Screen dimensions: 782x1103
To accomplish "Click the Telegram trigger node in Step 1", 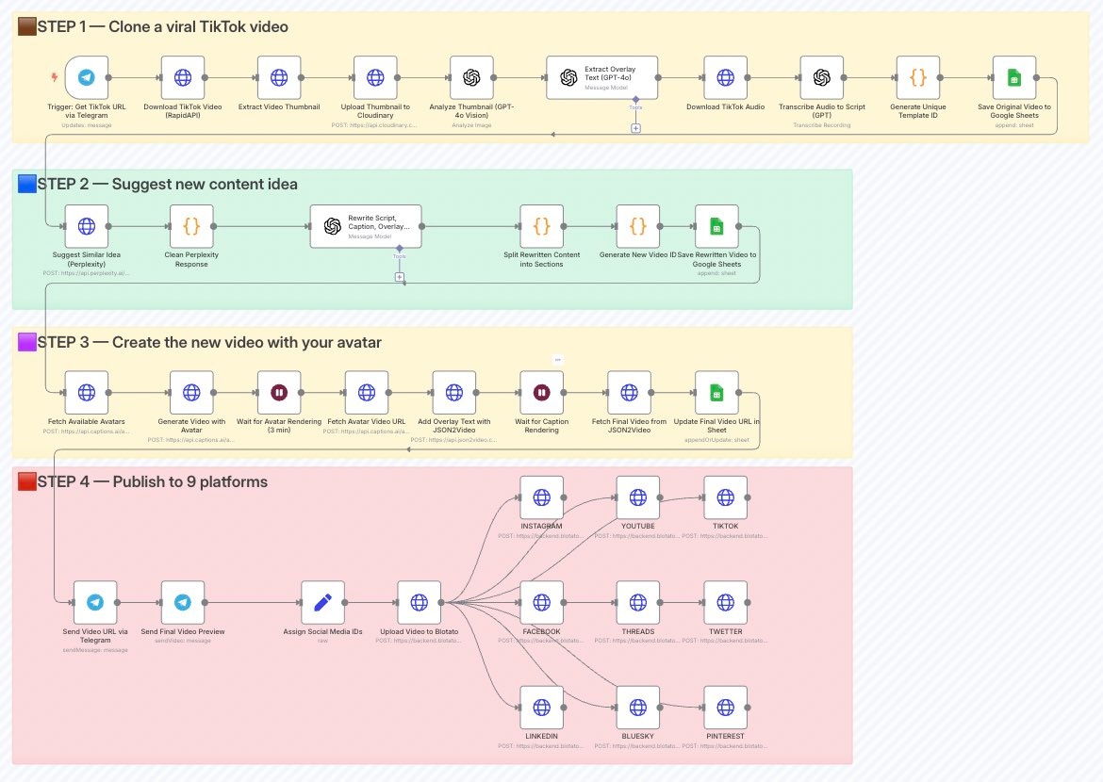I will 87,78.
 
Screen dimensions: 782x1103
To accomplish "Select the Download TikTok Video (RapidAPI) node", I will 183,78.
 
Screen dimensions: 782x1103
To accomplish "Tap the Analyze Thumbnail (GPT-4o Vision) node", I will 471,78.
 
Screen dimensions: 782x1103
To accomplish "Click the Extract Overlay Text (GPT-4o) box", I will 601,78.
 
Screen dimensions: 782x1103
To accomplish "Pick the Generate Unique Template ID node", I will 918,78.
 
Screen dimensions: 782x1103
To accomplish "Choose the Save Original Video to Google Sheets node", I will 1014,78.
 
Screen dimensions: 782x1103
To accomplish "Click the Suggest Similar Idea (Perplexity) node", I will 87,227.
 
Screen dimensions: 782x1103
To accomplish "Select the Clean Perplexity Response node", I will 192,227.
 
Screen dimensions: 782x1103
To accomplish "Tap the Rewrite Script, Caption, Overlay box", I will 366,227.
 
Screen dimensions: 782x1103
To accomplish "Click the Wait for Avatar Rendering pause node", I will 279,393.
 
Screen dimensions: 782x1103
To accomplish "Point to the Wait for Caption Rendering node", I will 541,393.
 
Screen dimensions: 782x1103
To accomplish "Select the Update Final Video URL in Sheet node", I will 716,393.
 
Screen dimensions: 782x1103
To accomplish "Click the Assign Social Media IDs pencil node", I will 322,603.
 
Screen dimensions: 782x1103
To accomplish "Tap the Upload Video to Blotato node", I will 419,603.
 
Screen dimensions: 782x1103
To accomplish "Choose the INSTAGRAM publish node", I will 541,497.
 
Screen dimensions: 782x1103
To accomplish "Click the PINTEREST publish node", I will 725,708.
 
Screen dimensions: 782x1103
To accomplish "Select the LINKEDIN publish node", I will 541,708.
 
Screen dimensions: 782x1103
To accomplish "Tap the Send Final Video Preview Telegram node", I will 183,603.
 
